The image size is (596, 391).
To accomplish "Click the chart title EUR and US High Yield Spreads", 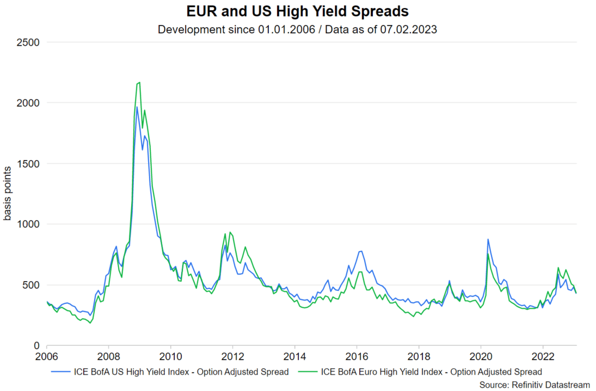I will click(x=298, y=11).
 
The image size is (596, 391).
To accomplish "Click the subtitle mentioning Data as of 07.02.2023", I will click(x=298, y=29).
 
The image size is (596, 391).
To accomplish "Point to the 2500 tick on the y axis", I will click(x=30, y=42).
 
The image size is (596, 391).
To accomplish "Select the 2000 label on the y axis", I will click(x=30, y=103).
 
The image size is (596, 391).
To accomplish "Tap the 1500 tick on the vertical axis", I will click(x=30, y=163).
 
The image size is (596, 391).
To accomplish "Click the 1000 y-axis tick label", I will click(x=30, y=224).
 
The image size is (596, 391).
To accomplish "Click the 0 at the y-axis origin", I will click(x=38, y=346).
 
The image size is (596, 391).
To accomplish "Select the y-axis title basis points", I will click(x=8, y=194).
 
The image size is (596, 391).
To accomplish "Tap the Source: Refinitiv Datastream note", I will click(x=534, y=385).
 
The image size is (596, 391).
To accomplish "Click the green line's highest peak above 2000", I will click(x=139, y=82).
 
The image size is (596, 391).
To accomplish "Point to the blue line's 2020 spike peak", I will click(x=488, y=239).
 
